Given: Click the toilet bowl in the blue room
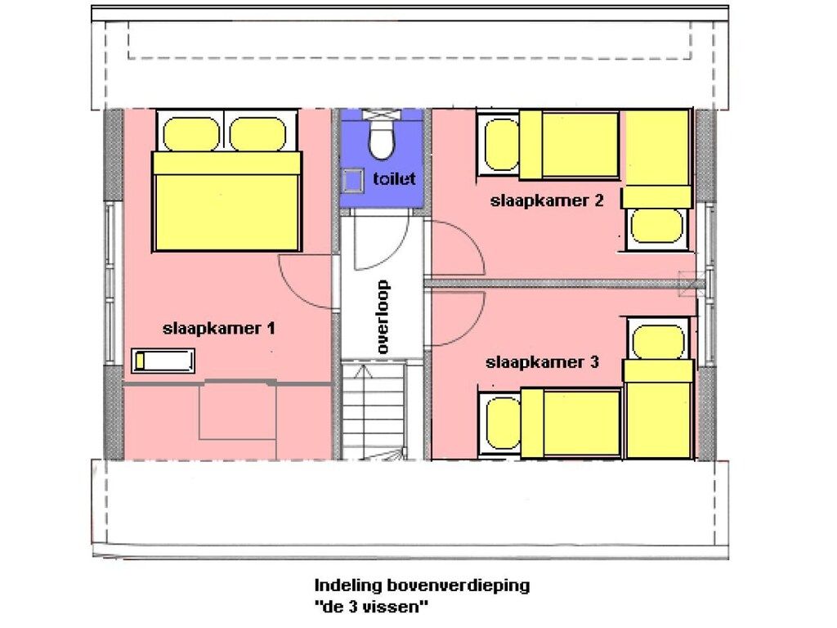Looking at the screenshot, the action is [382, 140].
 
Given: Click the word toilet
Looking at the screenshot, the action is [394, 178].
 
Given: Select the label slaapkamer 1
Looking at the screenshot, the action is [219, 328].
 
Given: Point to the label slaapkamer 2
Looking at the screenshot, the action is [547, 201].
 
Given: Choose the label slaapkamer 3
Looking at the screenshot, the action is [543, 362].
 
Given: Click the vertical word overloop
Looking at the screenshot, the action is [383, 316].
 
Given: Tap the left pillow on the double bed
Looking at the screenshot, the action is [191, 134].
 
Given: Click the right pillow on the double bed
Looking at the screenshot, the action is [258, 134].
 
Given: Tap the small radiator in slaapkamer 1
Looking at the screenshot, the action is [163, 361].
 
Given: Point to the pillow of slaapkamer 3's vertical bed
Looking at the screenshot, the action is [658, 342].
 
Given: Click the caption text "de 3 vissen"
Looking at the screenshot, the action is [372, 607].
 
